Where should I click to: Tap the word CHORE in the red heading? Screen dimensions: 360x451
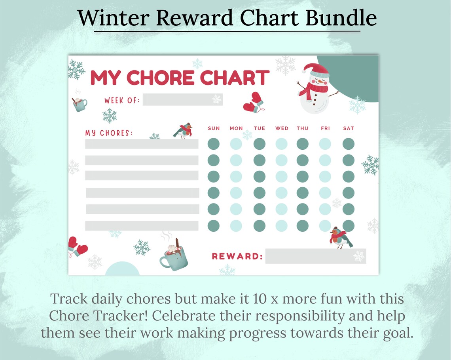click(161, 78)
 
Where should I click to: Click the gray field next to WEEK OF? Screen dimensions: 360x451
click(182, 99)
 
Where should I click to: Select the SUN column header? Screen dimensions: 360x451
click(214, 128)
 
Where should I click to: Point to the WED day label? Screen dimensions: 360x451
click(282, 128)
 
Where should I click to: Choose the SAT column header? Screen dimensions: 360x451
click(349, 128)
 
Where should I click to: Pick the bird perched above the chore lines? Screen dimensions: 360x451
click(183, 130)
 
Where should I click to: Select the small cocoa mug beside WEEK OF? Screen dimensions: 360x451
click(80, 104)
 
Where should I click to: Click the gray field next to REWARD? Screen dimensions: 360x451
click(315, 256)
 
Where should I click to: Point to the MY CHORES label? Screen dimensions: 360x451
click(109, 133)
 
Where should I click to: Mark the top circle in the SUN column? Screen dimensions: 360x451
click(214, 144)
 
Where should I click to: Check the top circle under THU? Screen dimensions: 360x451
click(303, 144)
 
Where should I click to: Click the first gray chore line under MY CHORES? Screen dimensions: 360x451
click(142, 144)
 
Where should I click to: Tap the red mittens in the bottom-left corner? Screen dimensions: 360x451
click(77, 246)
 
